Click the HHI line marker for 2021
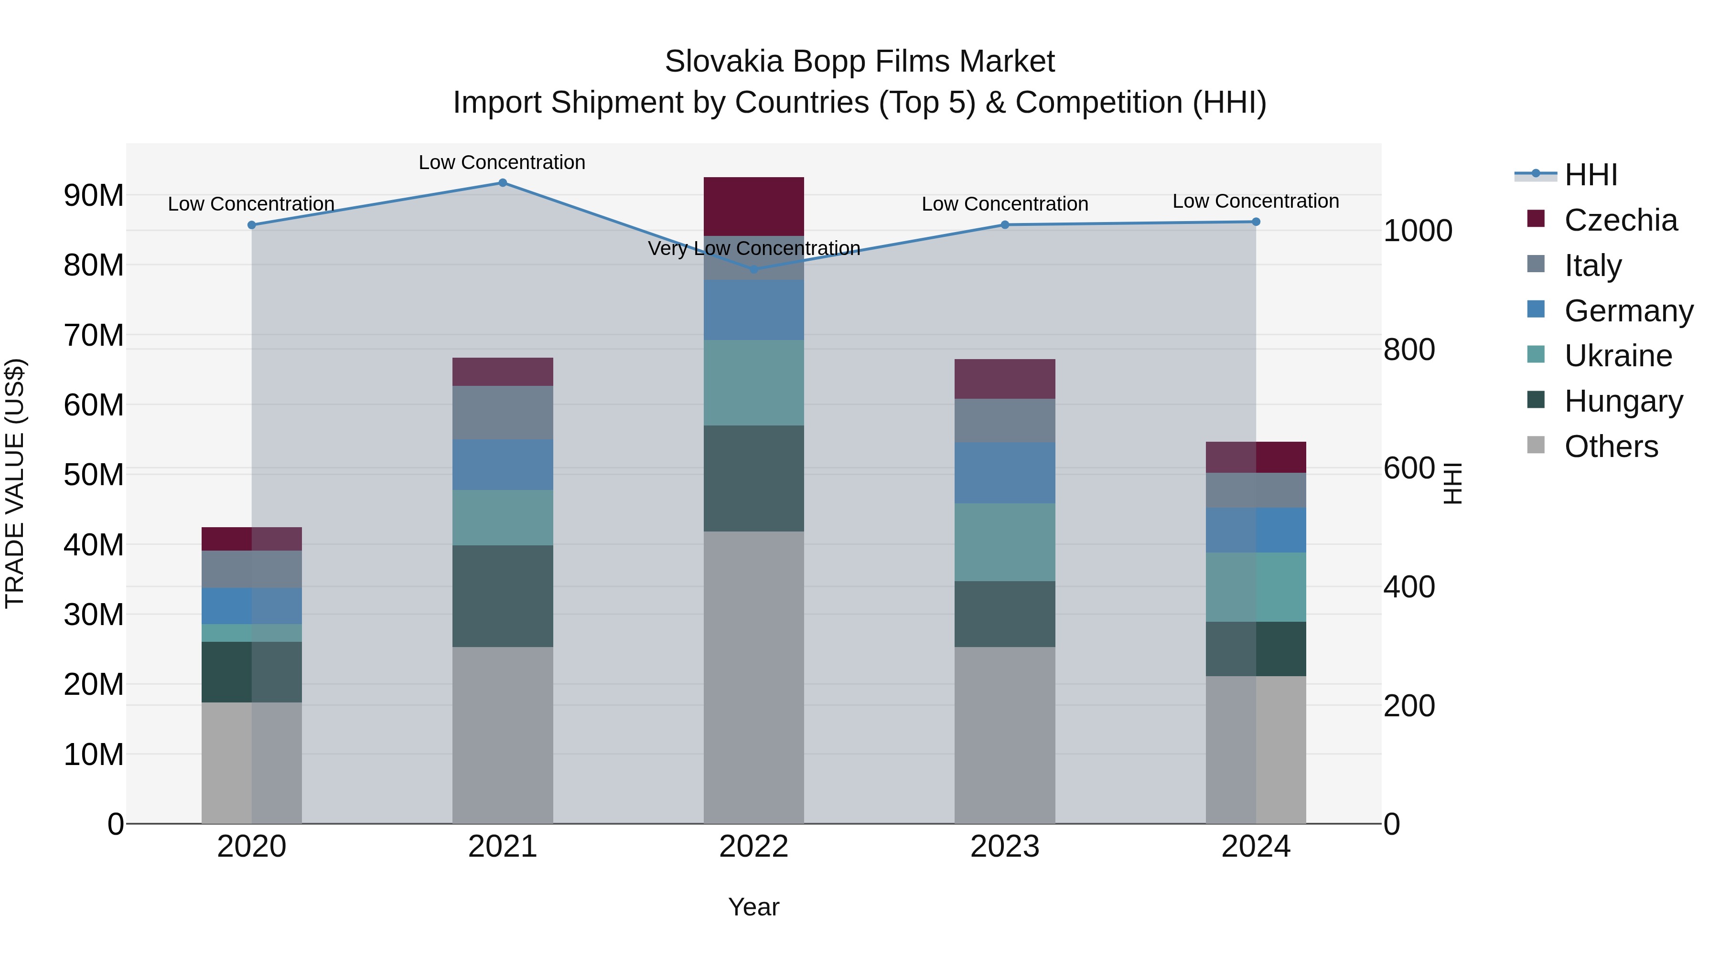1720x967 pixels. tap(503, 183)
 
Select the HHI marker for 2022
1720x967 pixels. tap(754, 270)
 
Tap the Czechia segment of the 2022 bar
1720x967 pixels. tap(754, 206)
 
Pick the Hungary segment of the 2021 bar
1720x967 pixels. tap(503, 596)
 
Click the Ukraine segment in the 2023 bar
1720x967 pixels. tap(1005, 542)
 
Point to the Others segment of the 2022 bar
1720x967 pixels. tap(754, 677)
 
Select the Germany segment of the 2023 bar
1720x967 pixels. tap(1005, 472)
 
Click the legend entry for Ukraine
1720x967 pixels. tap(1618, 356)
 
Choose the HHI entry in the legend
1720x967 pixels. tap(1591, 175)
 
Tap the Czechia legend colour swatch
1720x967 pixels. tap(1536, 219)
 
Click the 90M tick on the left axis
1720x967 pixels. tap(94, 195)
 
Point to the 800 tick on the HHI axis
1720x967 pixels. tap(1409, 350)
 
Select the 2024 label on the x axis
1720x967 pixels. tap(1255, 847)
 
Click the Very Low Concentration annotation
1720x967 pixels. tap(754, 248)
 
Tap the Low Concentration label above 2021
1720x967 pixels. tap(502, 162)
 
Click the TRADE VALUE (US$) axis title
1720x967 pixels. tap(15, 483)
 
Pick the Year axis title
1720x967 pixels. tap(754, 907)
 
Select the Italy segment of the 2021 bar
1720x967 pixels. tap(503, 413)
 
